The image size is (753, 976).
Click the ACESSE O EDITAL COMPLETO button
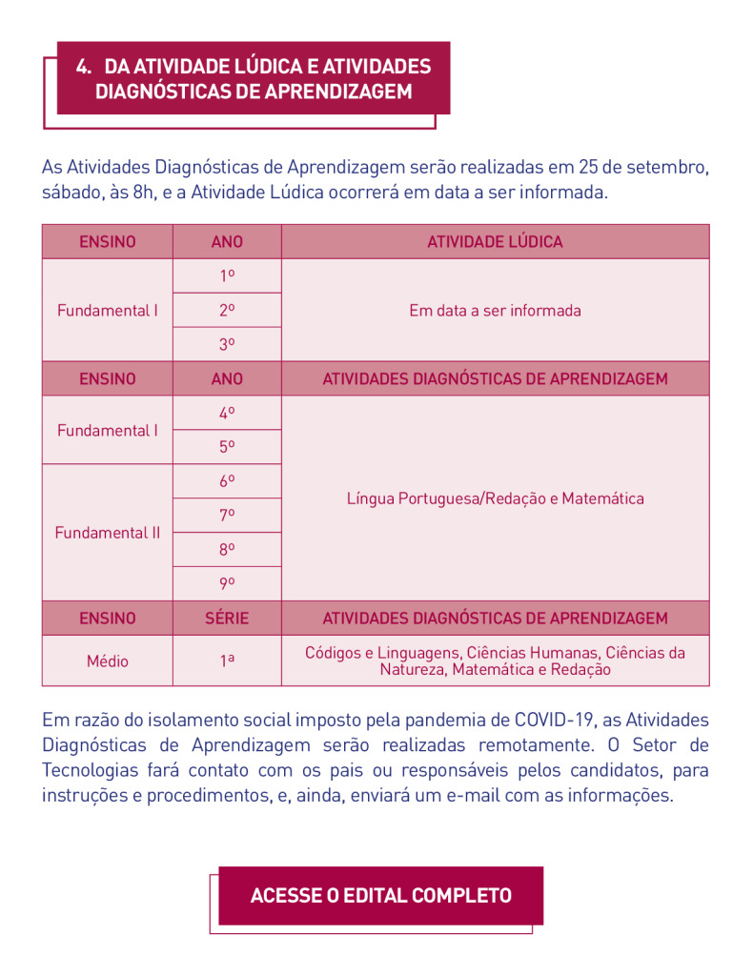[x=380, y=896]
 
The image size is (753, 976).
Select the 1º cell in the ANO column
[x=227, y=276]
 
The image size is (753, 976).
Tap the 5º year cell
[x=227, y=447]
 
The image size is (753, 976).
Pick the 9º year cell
[x=227, y=583]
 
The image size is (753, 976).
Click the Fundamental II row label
[x=107, y=533]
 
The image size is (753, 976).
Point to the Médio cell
[x=107, y=661]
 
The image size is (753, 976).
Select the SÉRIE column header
[x=227, y=619]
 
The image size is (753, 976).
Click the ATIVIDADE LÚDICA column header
[x=495, y=242]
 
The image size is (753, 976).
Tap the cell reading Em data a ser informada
[x=495, y=311]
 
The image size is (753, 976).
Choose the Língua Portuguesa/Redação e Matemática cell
[x=495, y=498]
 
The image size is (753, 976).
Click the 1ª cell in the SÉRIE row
[x=227, y=661]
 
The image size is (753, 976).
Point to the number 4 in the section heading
[x=83, y=67]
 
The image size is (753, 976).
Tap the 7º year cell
[x=227, y=516]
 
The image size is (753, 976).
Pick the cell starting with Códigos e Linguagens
[x=495, y=661]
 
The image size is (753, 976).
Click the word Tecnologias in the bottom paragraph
[x=91, y=770]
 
